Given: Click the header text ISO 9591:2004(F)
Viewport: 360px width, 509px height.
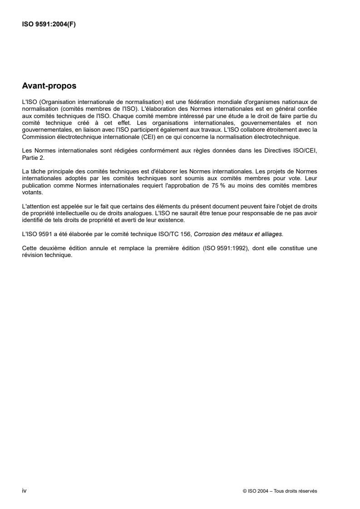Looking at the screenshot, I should [49, 25].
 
